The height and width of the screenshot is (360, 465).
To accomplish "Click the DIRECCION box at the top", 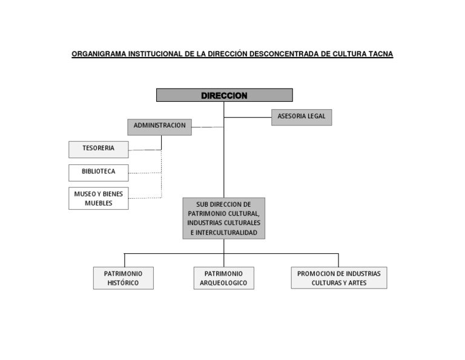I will (224, 95).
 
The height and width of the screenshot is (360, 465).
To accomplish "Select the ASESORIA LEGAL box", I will (301, 116).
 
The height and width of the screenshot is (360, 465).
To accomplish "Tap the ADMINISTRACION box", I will (159, 126).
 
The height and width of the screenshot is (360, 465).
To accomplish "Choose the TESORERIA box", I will (98, 148).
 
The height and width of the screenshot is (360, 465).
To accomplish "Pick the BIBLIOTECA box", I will (98, 172).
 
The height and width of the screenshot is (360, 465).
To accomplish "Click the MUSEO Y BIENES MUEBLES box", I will (98, 198).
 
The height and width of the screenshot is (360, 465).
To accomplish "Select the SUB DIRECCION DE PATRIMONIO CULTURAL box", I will (223, 218).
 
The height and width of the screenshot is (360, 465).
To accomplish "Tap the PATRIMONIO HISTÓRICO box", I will (123, 278).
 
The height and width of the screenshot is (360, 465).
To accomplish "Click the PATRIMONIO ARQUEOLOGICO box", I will (223, 278).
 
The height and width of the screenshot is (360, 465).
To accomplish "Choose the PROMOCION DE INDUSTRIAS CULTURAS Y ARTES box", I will (338, 278).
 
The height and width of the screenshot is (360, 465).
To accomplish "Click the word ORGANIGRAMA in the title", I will (99, 54).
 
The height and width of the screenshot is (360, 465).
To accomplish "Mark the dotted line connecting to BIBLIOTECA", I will (145, 173).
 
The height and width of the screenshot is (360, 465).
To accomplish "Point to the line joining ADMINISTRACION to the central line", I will (207, 127).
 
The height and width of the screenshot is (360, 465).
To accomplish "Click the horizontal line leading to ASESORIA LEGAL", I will (248, 117).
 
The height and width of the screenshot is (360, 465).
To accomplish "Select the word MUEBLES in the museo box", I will (98, 204).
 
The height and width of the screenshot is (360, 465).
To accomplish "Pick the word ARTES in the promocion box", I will (357, 283).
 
